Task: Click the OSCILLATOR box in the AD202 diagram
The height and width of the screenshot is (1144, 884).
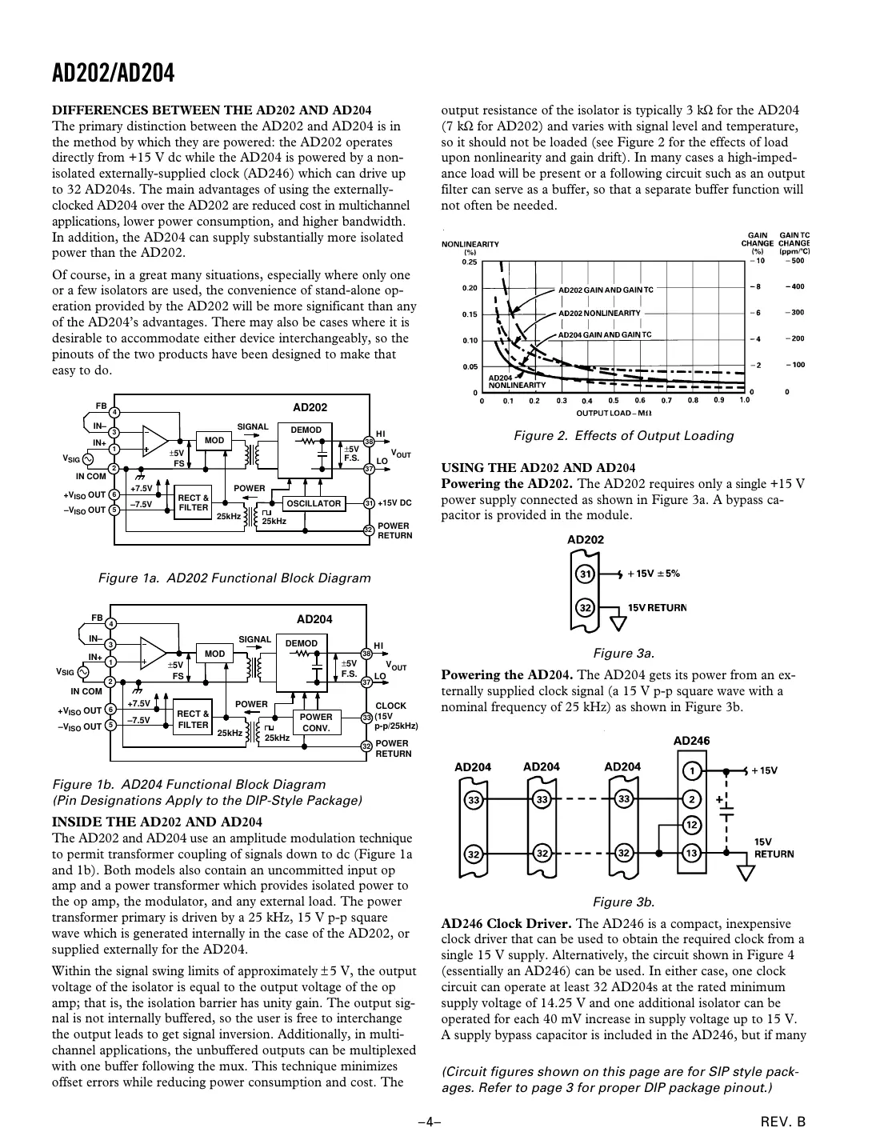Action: pyautogui.click(x=314, y=503)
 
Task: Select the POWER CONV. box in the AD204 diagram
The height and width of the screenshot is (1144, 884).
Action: pyautogui.click(x=315, y=722)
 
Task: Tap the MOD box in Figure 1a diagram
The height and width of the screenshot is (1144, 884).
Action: pyautogui.click(x=214, y=440)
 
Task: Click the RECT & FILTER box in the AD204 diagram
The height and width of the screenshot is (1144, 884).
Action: pyautogui.click(x=192, y=719)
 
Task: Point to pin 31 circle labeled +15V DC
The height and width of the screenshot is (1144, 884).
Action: pyautogui.click(x=369, y=503)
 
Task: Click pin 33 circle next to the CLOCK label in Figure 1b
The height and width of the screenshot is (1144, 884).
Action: pyautogui.click(x=366, y=718)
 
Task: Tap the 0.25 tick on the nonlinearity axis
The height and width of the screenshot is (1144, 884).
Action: pyautogui.click(x=470, y=262)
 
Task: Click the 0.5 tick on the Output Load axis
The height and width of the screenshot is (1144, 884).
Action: pyautogui.click(x=614, y=400)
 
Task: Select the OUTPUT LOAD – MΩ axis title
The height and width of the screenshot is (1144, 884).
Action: pyautogui.click(x=614, y=413)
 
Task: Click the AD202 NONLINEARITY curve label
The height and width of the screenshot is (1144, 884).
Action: pyautogui.click(x=599, y=313)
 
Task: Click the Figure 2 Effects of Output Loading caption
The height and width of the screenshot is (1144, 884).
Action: pyautogui.click(x=623, y=436)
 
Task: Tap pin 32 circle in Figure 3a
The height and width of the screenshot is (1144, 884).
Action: pyautogui.click(x=586, y=608)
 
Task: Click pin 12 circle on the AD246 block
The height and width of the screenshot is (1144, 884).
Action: pyautogui.click(x=692, y=825)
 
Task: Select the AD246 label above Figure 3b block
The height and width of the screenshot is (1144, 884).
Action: pyautogui.click(x=691, y=741)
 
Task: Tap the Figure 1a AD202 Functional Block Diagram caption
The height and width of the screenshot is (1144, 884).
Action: pyautogui.click(x=234, y=578)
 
